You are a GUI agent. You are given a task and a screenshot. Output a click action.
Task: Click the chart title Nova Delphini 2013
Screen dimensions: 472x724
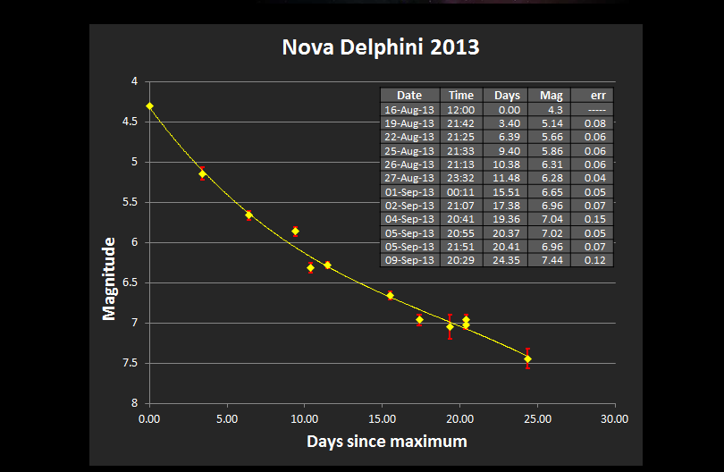point(380,46)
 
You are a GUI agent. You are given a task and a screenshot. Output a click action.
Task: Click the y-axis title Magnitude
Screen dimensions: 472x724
point(110,278)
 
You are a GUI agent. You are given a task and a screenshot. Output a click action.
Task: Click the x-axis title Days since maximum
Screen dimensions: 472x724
point(386,441)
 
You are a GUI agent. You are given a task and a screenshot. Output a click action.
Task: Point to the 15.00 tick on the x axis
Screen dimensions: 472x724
point(382,417)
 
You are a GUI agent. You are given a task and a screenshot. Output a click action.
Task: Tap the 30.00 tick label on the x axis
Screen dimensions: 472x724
point(614,417)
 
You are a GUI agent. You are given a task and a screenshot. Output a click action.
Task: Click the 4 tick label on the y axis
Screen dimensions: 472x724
point(134,81)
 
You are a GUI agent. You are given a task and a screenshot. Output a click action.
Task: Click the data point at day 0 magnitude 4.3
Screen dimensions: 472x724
point(150,105)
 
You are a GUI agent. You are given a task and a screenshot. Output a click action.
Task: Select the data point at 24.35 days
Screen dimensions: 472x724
point(527,358)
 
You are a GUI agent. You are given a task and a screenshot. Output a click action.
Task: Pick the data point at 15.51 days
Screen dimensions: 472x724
point(391,295)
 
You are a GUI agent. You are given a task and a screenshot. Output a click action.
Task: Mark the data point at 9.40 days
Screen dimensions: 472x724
point(296,232)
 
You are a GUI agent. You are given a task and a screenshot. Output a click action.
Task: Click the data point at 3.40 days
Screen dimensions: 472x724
point(203,173)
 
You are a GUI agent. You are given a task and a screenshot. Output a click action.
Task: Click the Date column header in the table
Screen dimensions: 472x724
point(409,96)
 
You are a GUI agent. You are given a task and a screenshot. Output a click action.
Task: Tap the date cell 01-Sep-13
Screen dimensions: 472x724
point(409,191)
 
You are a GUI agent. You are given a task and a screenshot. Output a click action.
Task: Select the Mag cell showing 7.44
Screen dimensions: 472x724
point(551,260)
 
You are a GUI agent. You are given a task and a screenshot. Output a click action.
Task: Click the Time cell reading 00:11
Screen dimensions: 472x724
point(461,191)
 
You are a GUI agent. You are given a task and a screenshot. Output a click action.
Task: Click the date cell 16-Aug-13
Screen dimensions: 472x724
point(409,109)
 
